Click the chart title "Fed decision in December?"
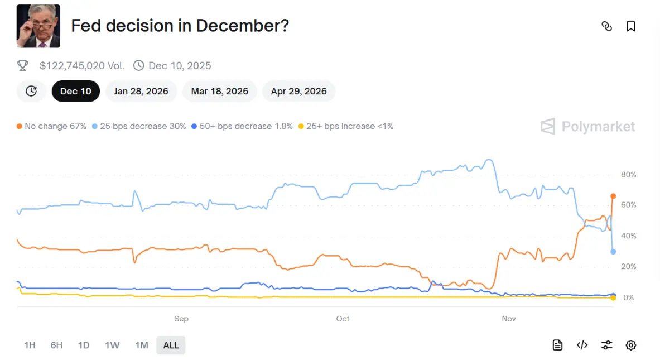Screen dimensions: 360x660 coord(180,26)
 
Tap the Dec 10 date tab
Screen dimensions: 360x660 coord(76,91)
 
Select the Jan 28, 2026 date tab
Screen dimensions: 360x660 coord(141,91)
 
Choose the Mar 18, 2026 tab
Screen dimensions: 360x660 coord(219,91)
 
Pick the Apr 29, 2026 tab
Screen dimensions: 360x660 coord(298,91)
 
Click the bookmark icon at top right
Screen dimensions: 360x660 coord(630,26)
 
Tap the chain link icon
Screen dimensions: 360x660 coord(606,26)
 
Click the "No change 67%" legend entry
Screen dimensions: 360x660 coord(51,126)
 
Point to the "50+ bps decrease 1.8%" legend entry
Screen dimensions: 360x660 coord(242,126)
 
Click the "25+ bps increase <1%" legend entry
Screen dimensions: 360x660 coord(346,126)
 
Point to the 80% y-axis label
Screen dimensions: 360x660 coord(628,175)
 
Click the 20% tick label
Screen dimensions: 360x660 coord(628,267)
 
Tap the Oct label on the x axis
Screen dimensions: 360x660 coord(343,319)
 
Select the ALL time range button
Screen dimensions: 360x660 coord(171,345)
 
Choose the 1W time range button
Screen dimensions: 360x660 coord(112,345)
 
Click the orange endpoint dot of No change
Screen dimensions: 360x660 coord(613,196)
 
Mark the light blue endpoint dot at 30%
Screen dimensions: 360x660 coord(613,252)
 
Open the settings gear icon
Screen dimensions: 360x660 coord(630,345)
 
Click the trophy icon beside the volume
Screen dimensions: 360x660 coord(23,66)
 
